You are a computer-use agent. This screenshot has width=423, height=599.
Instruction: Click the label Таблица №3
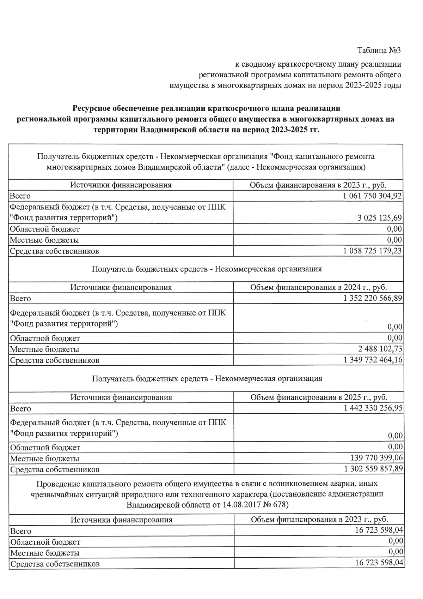point(379,50)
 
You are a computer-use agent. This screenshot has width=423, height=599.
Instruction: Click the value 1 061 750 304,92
point(372,196)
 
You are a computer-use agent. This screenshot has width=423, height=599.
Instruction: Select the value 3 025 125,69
point(379,218)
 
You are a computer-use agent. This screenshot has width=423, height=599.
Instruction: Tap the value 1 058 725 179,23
point(372,251)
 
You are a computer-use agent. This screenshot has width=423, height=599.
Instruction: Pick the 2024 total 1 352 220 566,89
point(373,298)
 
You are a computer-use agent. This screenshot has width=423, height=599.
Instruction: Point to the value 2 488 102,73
point(380,349)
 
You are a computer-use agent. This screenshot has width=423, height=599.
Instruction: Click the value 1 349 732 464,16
point(373,360)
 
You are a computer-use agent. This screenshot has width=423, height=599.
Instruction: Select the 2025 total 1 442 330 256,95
point(373,408)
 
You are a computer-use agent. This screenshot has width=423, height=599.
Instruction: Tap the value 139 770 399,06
point(376,458)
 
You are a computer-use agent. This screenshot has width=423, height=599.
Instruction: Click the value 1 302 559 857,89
point(373,469)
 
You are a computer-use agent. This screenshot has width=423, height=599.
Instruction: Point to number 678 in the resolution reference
point(280,504)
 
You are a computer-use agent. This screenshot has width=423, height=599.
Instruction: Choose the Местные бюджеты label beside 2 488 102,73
point(44,349)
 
